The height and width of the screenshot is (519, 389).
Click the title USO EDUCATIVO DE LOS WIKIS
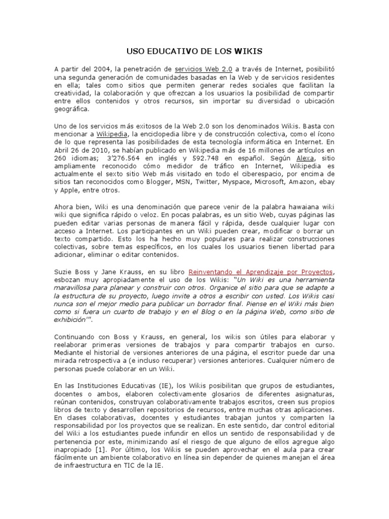click(x=194, y=51)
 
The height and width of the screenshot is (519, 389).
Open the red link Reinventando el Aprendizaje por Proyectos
click(x=261, y=272)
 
